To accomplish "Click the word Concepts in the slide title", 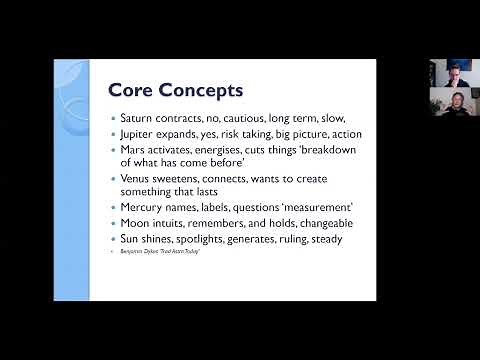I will (200, 91).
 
